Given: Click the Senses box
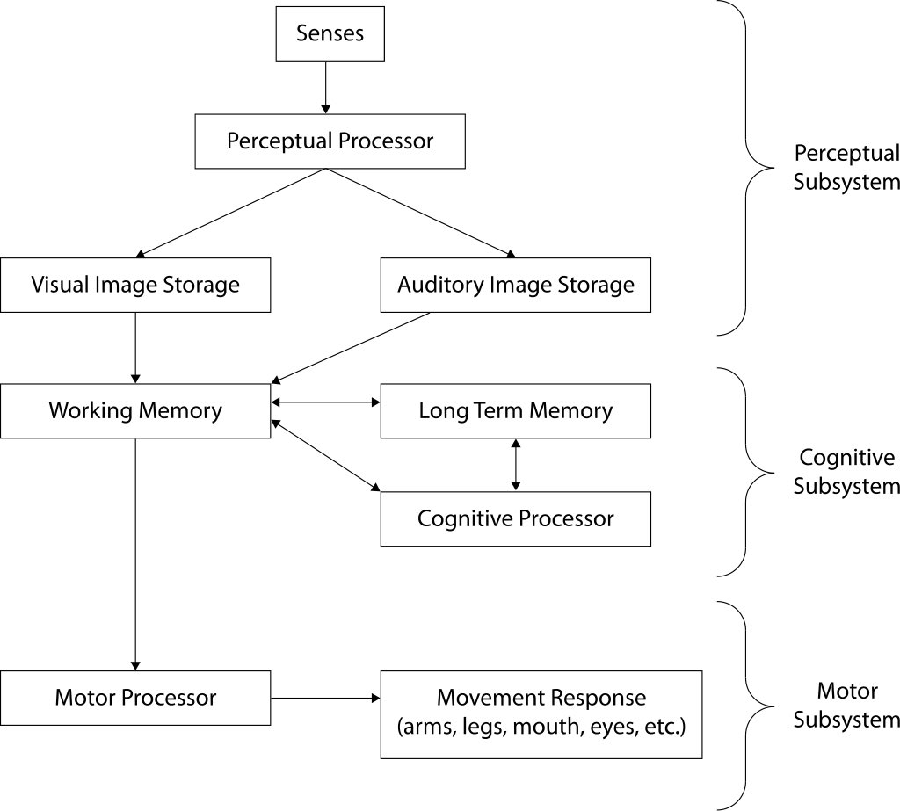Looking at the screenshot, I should point(325,35).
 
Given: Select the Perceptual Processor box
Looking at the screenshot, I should point(330,141).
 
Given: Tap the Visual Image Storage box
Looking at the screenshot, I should point(135,285).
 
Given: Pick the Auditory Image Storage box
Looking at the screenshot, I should point(516,285).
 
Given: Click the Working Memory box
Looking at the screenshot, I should point(135,410).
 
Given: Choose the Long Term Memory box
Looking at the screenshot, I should point(516,410).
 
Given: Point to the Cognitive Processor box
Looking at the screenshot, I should point(516,518).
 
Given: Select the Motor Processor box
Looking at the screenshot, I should point(135,699).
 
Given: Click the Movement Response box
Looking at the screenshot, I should point(541,713).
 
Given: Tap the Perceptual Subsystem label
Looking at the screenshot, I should point(846,168).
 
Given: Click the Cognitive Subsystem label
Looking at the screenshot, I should point(846,471).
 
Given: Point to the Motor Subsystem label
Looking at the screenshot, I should point(846,706).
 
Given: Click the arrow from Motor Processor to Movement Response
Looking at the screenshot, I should point(325,699).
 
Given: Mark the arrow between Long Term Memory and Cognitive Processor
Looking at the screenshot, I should point(516,464).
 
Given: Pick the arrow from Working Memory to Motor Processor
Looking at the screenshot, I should point(135,554).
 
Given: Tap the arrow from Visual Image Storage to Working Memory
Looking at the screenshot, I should point(135,347).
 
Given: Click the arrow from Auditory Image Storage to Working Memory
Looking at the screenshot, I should point(352,348).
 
